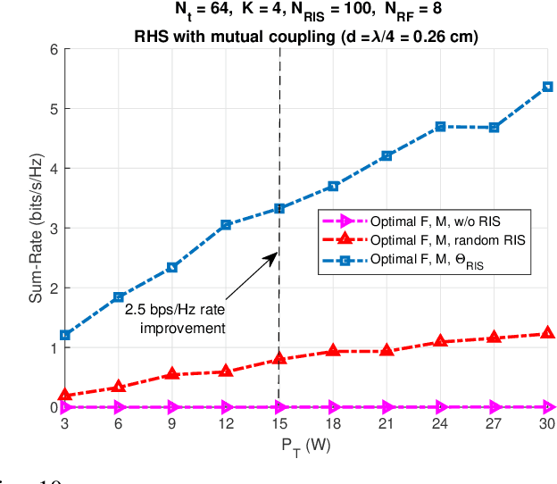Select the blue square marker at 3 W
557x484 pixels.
pyautogui.click(x=65, y=335)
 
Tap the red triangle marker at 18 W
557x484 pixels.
pyautogui.click(x=333, y=351)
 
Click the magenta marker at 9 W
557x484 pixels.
pyautogui.click(x=172, y=406)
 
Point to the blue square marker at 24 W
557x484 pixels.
pyautogui.click(x=439, y=127)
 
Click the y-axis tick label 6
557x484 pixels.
pyautogui.click(x=53, y=49)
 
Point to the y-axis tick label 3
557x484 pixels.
pyautogui.click(x=53, y=228)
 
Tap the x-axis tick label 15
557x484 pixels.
pyautogui.click(x=279, y=425)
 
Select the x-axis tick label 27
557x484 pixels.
pyautogui.click(x=493, y=425)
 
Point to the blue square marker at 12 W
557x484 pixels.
pyautogui.click(x=226, y=224)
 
